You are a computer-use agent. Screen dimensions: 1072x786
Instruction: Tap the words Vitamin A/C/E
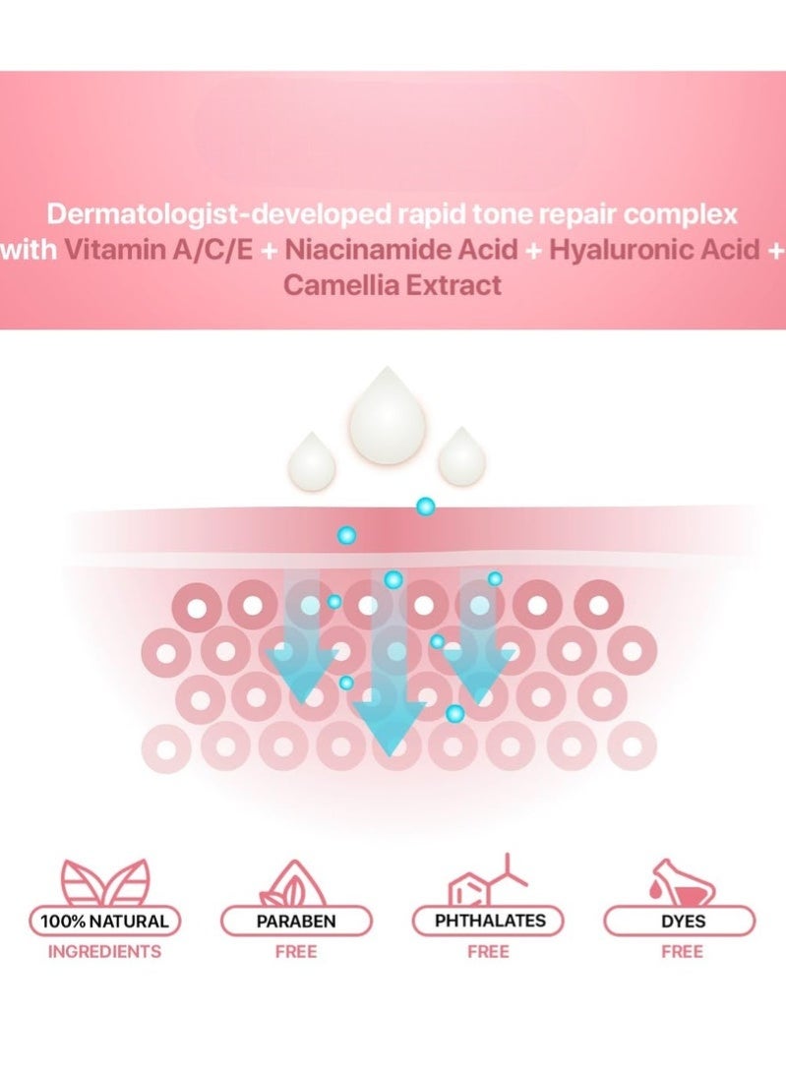point(161,251)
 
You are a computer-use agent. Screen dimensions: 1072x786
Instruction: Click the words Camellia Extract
point(393,286)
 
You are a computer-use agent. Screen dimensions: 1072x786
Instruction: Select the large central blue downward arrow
point(391,688)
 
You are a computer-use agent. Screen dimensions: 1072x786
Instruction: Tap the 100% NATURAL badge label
point(105,922)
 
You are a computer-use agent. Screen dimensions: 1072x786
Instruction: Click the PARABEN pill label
point(296,922)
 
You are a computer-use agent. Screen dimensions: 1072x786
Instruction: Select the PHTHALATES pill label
point(489,922)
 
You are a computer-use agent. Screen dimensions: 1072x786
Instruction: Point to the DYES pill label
point(681,922)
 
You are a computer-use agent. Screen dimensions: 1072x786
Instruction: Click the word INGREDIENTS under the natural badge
point(104,951)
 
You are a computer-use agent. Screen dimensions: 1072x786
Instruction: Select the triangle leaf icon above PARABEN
point(296,882)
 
